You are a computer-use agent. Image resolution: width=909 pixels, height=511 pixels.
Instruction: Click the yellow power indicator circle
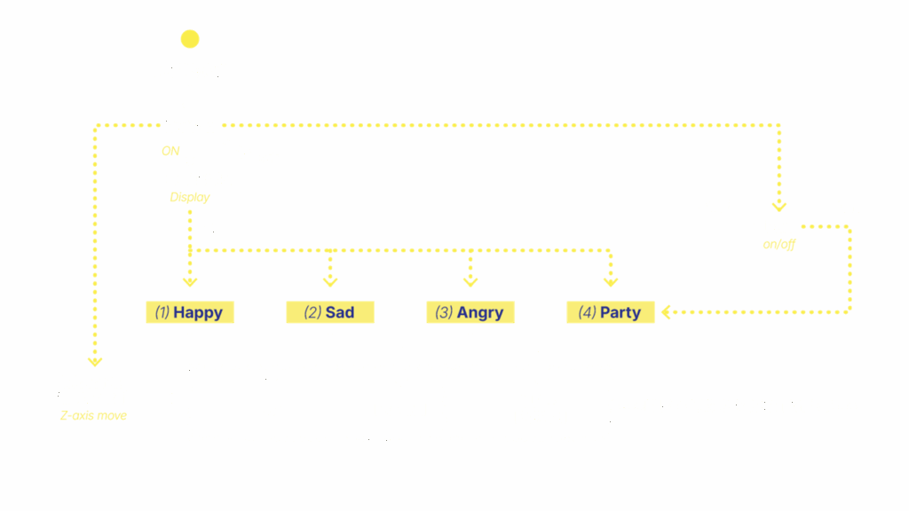click(x=190, y=39)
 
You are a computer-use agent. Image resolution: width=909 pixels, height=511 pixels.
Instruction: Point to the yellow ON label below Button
click(x=170, y=152)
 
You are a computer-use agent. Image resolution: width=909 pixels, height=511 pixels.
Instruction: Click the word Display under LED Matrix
click(x=190, y=198)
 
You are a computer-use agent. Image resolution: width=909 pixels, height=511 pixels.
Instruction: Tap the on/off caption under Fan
click(x=779, y=244)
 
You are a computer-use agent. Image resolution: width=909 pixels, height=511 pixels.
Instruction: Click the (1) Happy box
click(x=190, y=312)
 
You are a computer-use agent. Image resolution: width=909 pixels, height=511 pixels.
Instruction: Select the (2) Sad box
click(x=329, y=312)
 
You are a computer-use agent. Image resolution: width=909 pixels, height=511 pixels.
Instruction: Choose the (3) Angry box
click(x=470, y=312)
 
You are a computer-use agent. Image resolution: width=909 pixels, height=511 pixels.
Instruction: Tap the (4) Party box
click(x=610, y=312)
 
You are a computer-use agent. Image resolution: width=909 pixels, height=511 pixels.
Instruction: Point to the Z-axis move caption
click(x=93, y=415)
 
